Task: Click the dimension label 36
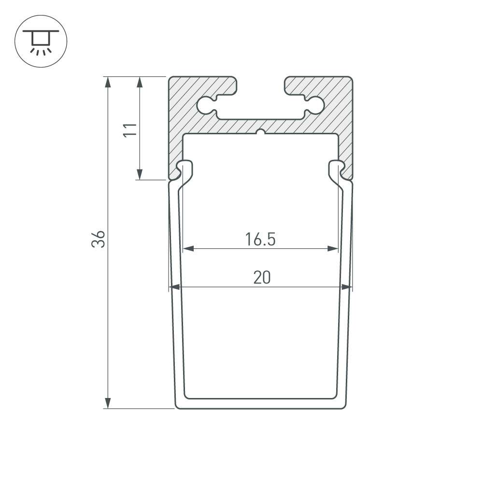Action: pyautogui.click(x=99, y=239)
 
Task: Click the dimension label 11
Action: pyautogui.click(x=130, y=130)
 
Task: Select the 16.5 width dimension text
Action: pyautogui.click(x=260, y=240)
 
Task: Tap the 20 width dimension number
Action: pyautogui.click(x=262, y=277)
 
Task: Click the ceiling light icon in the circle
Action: pyautogui.click(x=41, y=42)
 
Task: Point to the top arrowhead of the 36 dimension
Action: pyautogui.click(x=108, y=82)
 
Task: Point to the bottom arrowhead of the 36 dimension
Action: pyautogui.click(x=108, y=403)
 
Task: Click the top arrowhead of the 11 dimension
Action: pyautogui.click(x=140, y=82)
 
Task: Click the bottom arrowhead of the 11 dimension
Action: pyautogui.click(x=140, y=174)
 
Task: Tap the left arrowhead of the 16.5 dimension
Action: pyautogui.click(x=188, y=249)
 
